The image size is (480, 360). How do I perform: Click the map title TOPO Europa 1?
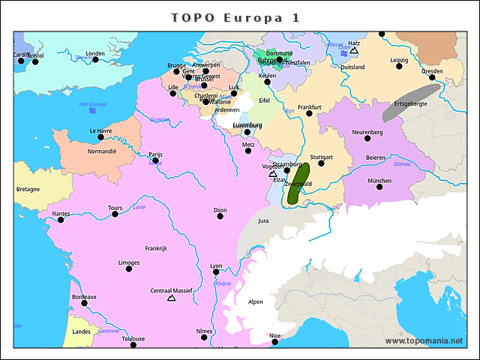(x=235, y=17)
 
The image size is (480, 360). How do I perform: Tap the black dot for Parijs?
(x=155, y=160)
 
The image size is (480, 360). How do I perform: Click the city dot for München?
(x=379, y=188)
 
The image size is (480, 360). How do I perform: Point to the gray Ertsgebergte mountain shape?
(x=410, y=102)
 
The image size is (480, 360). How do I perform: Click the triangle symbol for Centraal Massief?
(x=171, y=298)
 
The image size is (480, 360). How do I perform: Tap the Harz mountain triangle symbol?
(x=354, y=52)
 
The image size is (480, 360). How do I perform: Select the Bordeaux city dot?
(x=84, y=304)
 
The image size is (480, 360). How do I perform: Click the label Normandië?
(x=102, y=151)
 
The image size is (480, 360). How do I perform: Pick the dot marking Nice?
(x=275, y=342)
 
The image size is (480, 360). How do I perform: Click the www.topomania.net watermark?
(x=424, y=340)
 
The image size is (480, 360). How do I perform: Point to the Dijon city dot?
(x=220, y=217)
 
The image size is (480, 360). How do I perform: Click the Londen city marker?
(x=95, y=60)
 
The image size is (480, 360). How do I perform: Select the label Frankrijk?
(x=156, y=248)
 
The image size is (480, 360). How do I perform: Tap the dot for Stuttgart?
(x=321, y=163)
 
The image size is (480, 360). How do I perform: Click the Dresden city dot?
(x=432, y=78)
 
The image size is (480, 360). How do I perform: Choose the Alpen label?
(x=256, y=302)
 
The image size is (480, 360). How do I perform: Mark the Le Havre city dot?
(x=100, y=137)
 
